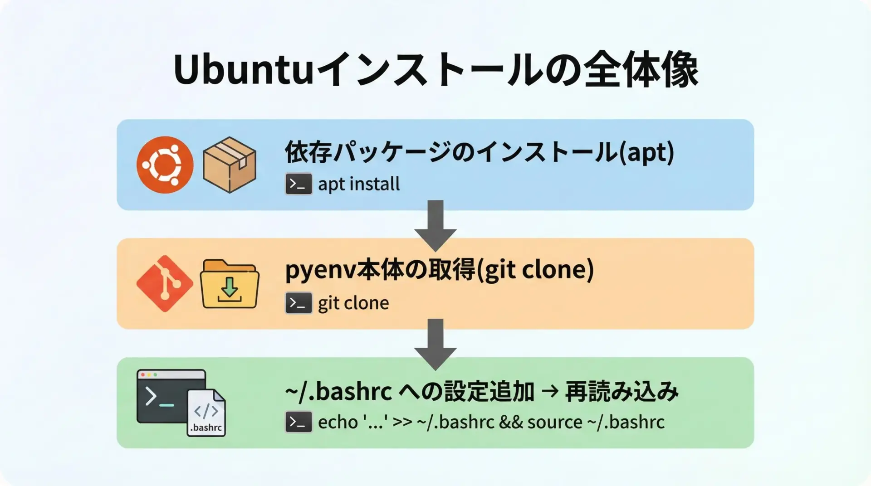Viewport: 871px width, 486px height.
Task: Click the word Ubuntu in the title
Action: [x=243, y=71]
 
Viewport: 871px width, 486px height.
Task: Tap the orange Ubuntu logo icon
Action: [x=165, y=165]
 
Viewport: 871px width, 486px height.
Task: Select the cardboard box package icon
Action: [x=230, y=165]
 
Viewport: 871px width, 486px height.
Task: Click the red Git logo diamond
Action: [x=165, y=284]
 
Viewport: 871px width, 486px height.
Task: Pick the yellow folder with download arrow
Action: [x=230, y=284]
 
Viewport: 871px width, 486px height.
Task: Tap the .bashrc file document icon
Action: [x=206, y=413]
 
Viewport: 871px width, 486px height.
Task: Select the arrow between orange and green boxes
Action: [x=435, y=344]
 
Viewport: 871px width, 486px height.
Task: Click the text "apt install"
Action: [x=359, y=185]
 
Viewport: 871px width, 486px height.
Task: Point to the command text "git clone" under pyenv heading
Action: [x=353, y=303]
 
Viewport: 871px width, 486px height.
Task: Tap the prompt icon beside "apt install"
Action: [x=298, y=184]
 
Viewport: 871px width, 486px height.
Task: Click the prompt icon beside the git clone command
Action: [x=298, y=303]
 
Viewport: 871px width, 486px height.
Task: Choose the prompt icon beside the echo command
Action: [x=298, y=422]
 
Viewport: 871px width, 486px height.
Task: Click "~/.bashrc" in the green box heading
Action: [x=338, y=392]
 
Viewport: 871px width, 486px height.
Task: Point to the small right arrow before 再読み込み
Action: [x=550, y=391]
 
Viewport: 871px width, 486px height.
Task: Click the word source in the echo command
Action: [x=554, y=423]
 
